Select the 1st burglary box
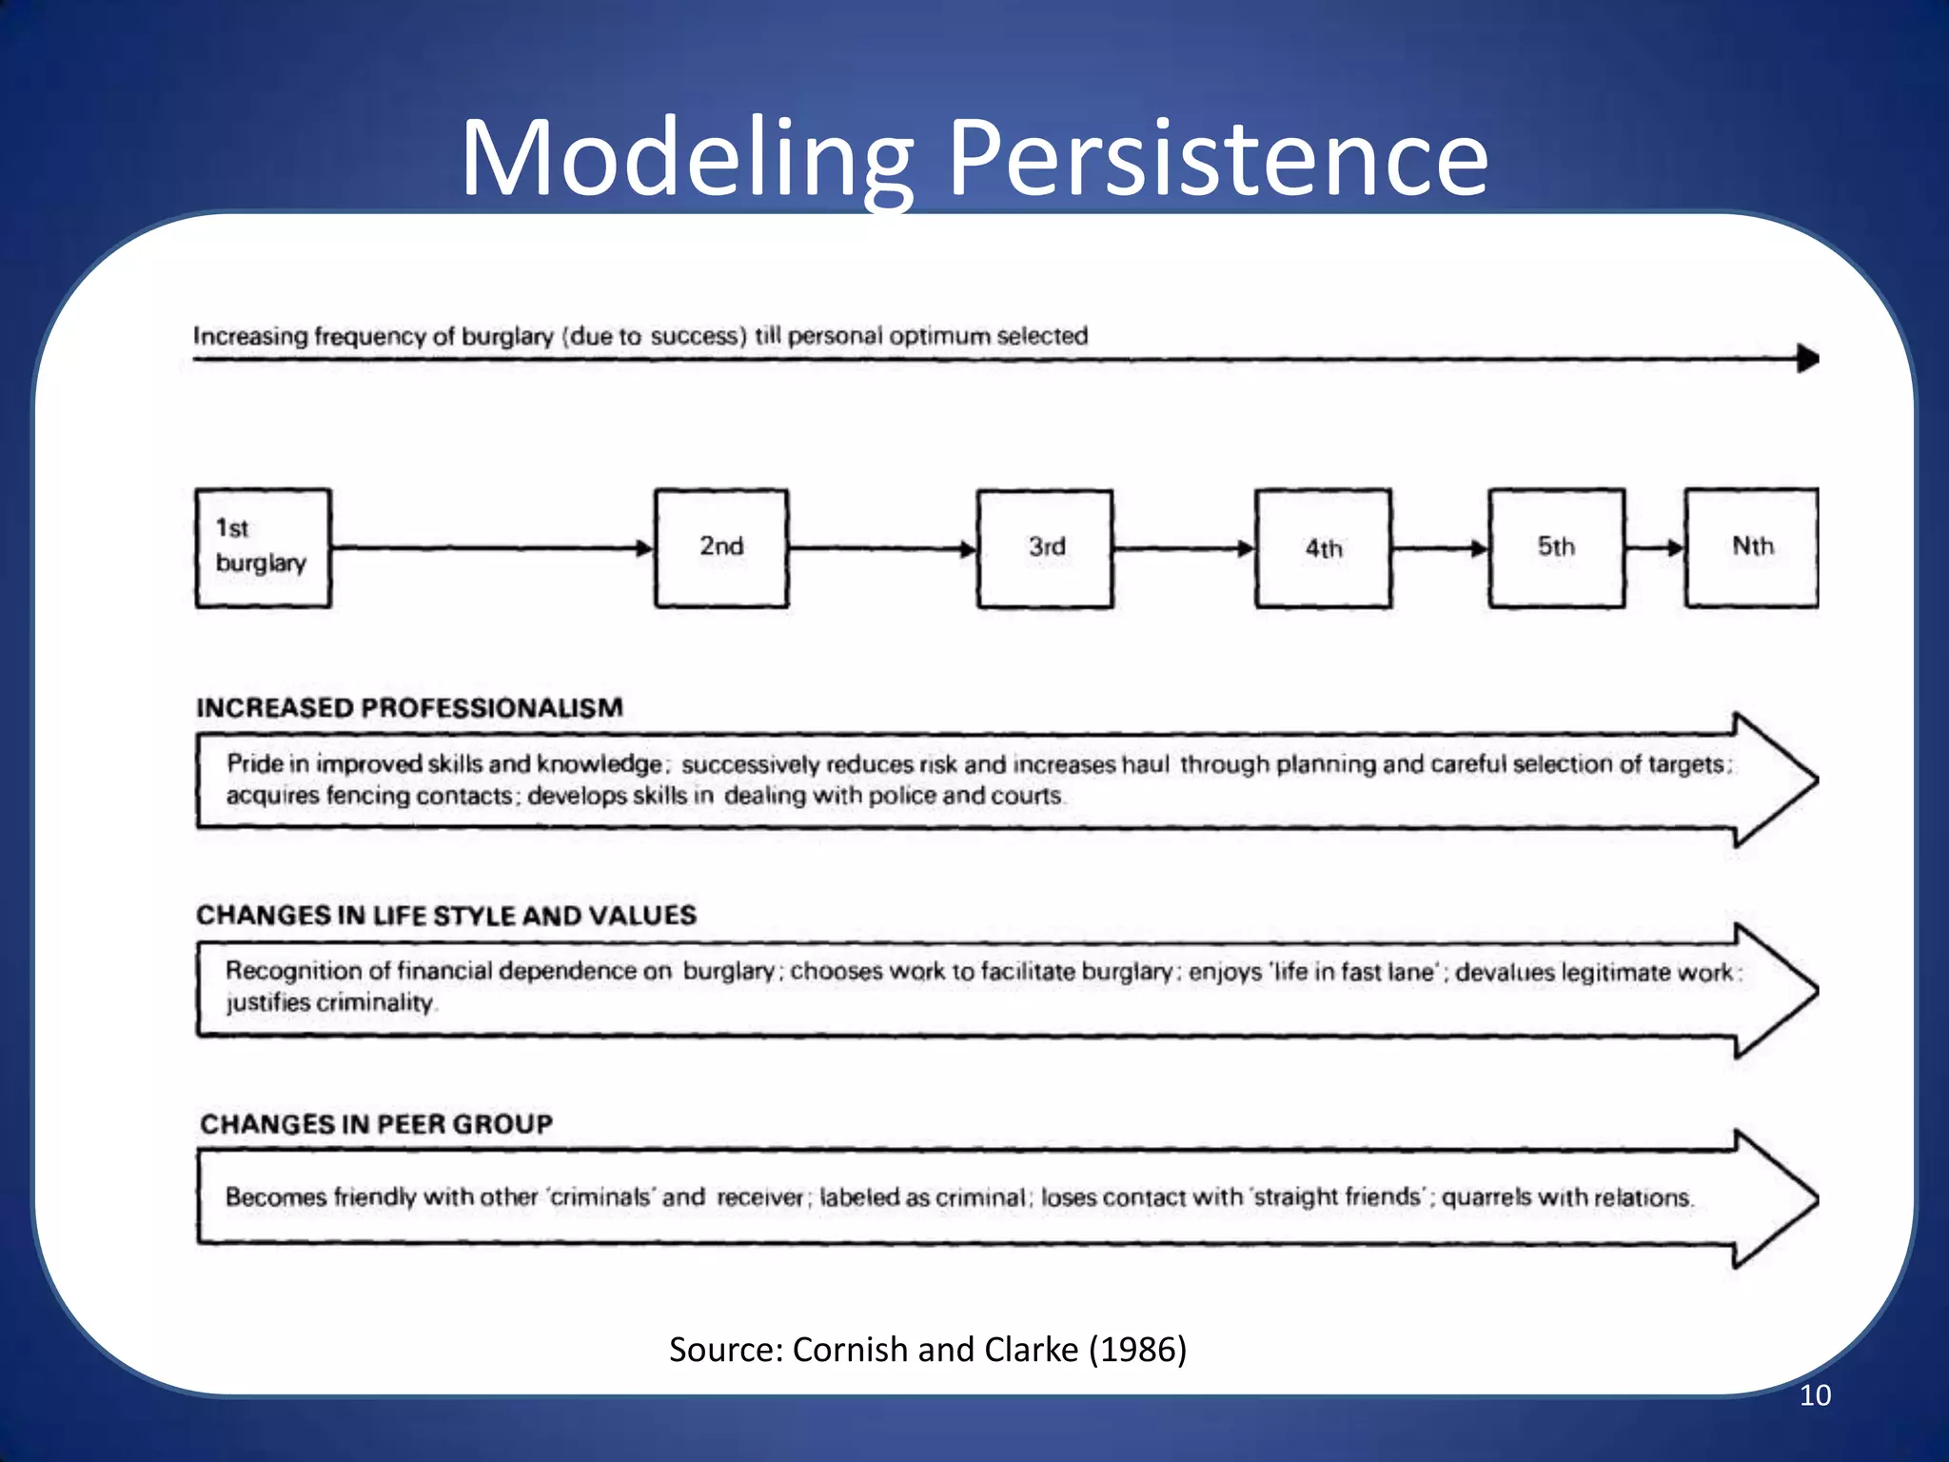263,547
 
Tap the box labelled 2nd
721,547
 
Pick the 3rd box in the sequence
1045,547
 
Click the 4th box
1323,548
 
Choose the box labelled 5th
1556,547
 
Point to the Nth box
1751,547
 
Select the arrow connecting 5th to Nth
1655,548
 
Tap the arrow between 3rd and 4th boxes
1184,548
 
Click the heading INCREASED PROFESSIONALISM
409,708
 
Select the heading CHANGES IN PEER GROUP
376,1124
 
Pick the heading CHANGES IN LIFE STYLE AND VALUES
446,916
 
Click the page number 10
1815,1395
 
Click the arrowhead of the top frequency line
1807,359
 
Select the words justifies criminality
329,1003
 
